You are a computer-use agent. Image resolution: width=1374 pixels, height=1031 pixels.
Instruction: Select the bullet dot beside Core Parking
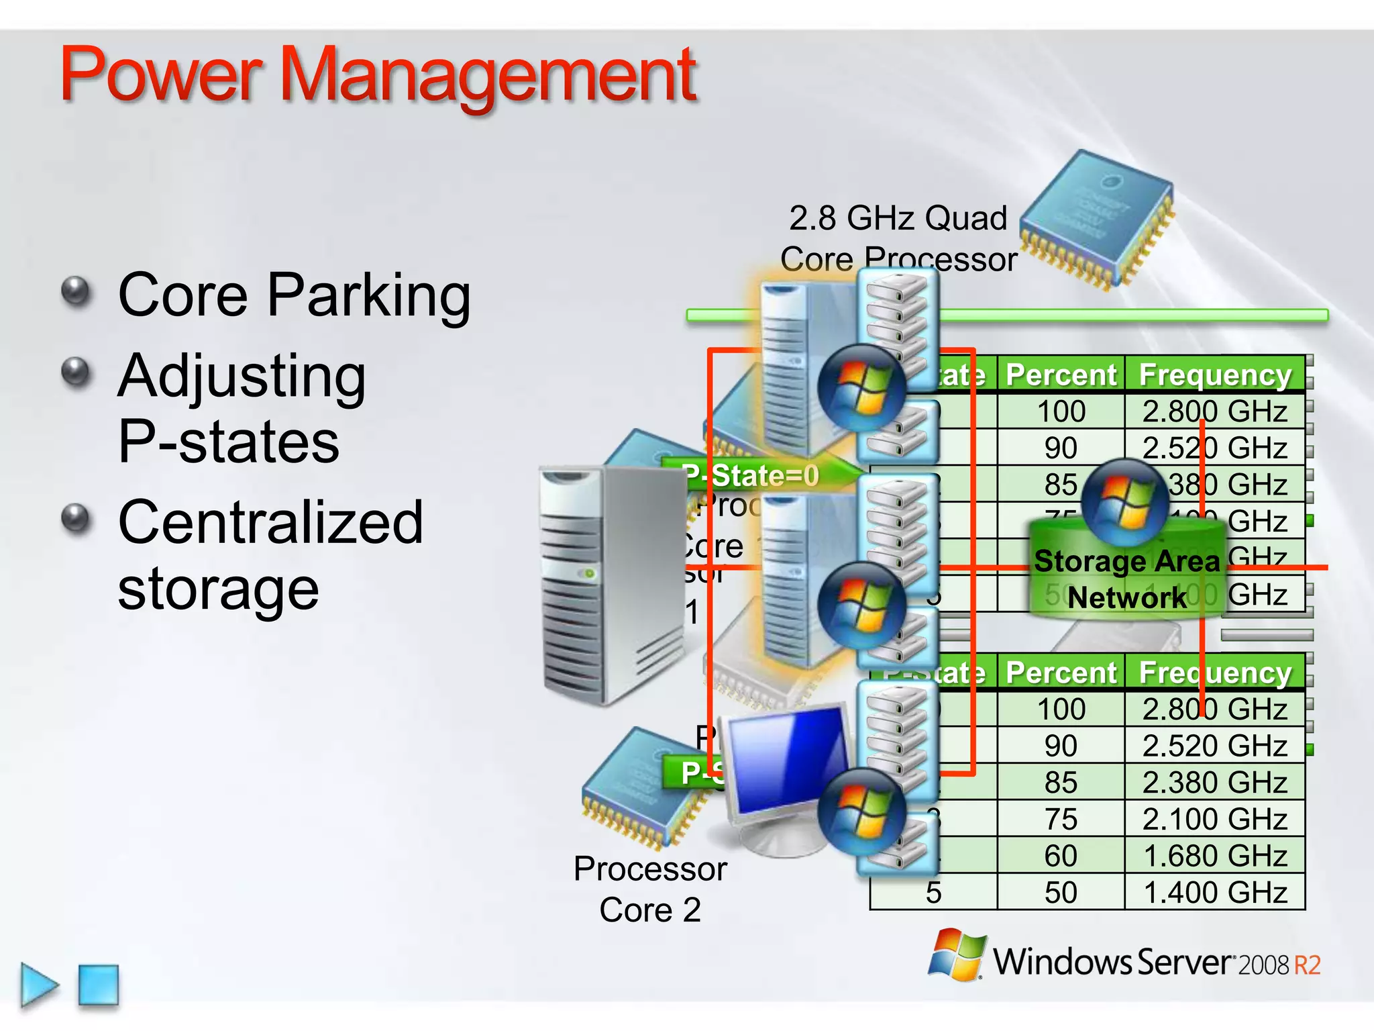[x=76, y=292]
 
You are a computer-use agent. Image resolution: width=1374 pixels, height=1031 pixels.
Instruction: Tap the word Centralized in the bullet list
[x=270, y=522]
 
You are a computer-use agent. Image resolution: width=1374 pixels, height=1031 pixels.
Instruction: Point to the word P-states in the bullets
[x=229, y=442]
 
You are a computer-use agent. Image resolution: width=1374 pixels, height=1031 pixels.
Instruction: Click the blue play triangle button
[x=39, y=985]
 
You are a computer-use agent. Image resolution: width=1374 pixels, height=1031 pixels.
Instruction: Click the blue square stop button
[x=99, y=985]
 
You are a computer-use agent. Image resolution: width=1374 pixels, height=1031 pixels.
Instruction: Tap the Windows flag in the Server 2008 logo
[x=957, y=954]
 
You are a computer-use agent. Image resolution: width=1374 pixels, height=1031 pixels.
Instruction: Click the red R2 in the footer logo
[x=1307, y=965]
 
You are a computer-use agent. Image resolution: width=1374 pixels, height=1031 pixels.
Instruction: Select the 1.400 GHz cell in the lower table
[x=1215, y=893]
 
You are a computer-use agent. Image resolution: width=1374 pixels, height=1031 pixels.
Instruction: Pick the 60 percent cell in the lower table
[x=1061, y=856]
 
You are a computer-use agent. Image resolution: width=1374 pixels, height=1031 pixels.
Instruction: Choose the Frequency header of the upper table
[x=1215, y=375]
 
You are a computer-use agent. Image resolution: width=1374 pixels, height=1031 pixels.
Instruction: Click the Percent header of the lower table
[x=1061, y=673]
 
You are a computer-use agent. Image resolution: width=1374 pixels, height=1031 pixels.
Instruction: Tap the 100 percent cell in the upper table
[x=1061, y=411]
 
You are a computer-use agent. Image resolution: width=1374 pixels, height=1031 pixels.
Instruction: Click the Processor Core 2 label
[x=650, y=889]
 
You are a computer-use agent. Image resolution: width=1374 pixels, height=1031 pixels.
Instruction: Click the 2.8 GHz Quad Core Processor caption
[x=898, y=238]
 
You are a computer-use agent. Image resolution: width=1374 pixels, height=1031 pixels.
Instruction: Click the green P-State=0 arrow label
[x=751, y=475]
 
